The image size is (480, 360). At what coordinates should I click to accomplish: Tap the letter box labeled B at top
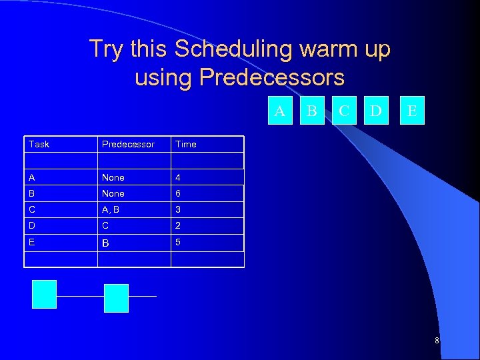click(x=311, y=111)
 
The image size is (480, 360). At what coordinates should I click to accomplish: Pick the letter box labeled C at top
click(x=343, y=111)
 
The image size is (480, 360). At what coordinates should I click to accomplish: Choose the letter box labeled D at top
click(x=376, y=111)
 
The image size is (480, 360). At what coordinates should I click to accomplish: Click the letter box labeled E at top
click(x=412, y=111)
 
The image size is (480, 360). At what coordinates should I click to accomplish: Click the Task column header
click(x=39, y=144)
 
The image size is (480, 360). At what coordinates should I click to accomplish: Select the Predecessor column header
click(x=127, y=144)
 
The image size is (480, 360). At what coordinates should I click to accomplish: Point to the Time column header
click(x=185, y=144)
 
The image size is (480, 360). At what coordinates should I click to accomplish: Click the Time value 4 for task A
click(x=177, y=177)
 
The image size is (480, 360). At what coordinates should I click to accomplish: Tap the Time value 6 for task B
click(x=177, y=193)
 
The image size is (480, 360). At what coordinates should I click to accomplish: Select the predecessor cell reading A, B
click(x=111, y=209)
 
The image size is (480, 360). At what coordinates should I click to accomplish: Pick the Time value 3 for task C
click(x=177, y=209)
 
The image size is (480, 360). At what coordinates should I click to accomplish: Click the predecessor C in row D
click(x=105, y=225)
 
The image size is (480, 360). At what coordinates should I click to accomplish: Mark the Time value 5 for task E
click(x=177, y=242)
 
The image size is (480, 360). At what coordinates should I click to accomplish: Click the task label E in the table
click(x=31, y=242)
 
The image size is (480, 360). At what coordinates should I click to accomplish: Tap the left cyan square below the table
click(x=45, y=294)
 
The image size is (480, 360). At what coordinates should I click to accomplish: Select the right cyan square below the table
click(x=116, y=298)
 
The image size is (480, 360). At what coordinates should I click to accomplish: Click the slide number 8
click(x=437, y=341)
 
